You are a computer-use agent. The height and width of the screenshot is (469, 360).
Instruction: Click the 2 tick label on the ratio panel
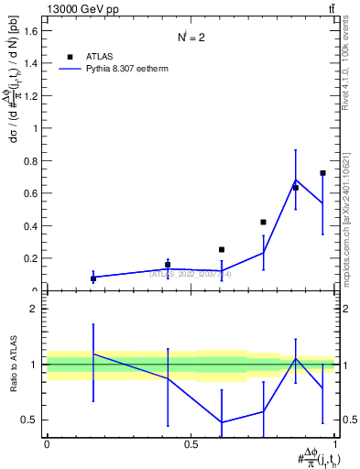pos(36,309)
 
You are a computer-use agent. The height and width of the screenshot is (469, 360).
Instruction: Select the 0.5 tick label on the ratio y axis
pos(31,420)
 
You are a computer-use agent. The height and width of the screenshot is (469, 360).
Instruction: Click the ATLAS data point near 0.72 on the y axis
pos(322,173)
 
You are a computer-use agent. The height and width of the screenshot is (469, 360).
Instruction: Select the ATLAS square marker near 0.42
pos(263,222)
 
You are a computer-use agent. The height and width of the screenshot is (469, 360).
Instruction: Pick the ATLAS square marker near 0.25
pos(221,249)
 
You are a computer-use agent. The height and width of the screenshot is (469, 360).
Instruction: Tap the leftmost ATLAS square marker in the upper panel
pos(93,278)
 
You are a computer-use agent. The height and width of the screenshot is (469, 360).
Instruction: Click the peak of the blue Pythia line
pos(295,180)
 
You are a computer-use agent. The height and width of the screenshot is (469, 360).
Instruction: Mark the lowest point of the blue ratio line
pos(221,422)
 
